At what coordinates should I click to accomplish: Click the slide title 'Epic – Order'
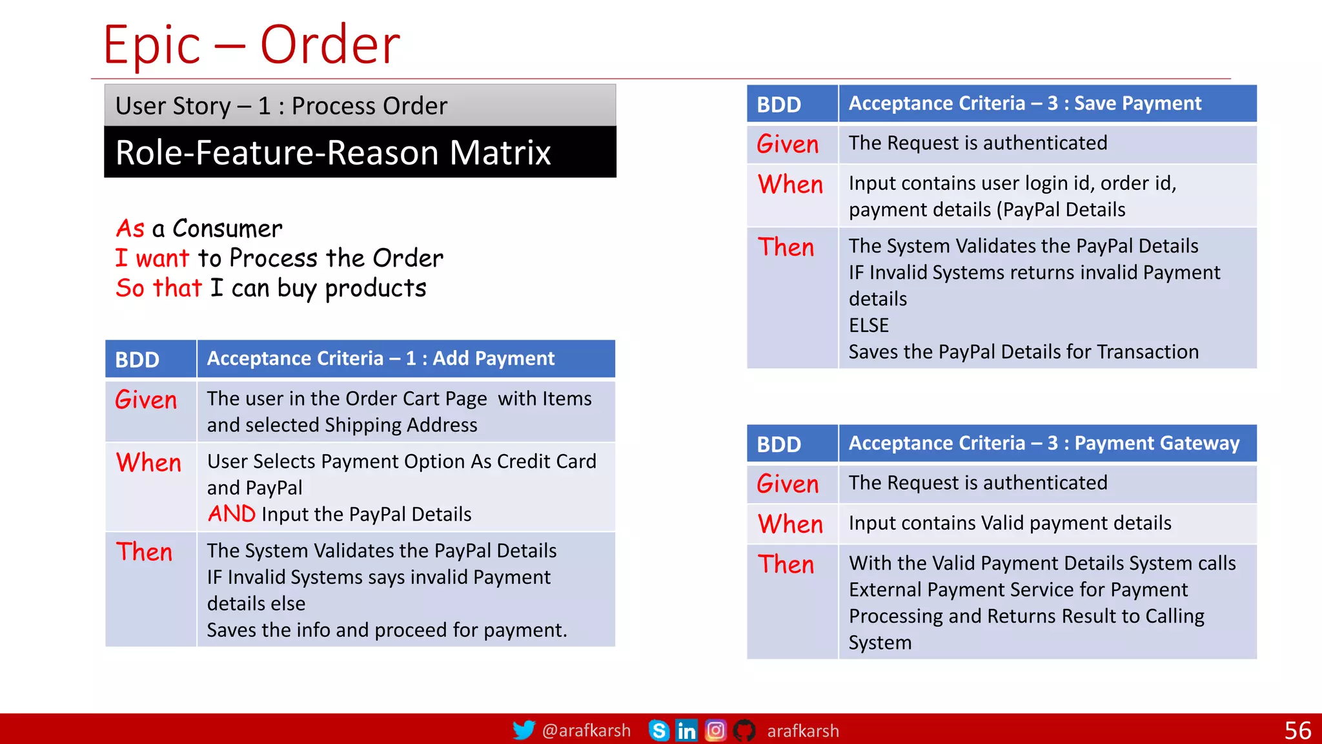click(252, 45)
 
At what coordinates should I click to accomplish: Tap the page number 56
click(1297, 730)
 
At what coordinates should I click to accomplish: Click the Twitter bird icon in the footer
click(524, 730)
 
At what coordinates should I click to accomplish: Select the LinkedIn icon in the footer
click(686, 730)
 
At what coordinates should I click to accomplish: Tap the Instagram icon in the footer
click(715, 730)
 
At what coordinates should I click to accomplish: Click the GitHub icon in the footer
click(744, 730)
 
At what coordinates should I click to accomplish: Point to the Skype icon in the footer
click(658, 730)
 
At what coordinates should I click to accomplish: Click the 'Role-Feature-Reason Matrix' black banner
click(360, 152)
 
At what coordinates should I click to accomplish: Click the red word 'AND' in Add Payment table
click(232, 514)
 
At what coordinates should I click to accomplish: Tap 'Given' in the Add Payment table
click(146, 400)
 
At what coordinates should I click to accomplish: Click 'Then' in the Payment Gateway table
click(786, 564)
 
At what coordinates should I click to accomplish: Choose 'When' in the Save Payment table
click(790, 185)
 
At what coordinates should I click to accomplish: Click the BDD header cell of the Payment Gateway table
click(779, 444)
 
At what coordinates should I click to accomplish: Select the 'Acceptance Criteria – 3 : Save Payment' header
click(1024, 103)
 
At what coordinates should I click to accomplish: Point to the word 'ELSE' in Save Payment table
click(869, 325)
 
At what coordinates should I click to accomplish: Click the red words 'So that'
click(159, 288)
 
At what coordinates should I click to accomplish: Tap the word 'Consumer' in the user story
click(227, 229)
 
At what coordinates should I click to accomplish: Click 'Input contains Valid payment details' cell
click(1010, 523)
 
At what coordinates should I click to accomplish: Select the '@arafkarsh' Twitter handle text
click(586, 730)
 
